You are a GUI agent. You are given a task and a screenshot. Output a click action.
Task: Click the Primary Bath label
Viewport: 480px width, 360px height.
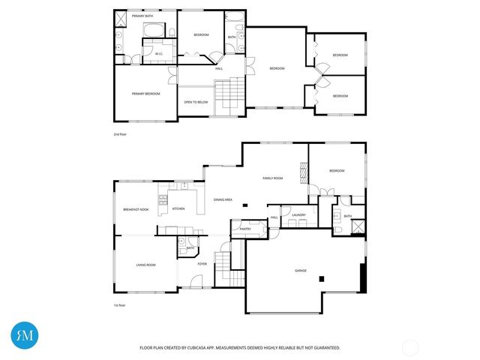tap(142, 15)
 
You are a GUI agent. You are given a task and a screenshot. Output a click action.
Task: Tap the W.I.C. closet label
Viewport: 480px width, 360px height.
tap(159, 53)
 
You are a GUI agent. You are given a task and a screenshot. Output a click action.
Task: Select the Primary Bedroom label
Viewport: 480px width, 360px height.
tap(146, 94)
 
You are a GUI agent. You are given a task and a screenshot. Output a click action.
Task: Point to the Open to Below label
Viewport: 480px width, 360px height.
tap(196, 102)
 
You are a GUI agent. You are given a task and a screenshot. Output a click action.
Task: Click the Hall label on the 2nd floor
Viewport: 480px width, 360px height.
tap(219, 68)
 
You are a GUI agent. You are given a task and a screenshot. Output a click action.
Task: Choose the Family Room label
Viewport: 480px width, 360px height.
tap(272, 178)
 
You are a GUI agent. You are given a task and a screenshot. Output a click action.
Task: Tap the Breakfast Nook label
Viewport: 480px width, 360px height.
tap(136, 209)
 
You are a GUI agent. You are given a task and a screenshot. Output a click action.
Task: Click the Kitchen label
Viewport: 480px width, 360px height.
tap(178, 209)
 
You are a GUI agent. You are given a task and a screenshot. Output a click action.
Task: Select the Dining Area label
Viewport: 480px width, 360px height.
tap(223, 199)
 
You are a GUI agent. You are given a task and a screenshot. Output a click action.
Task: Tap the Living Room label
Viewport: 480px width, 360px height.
tap(145, 265)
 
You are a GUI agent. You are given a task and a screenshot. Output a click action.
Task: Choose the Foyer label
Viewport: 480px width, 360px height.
tap(202, 264)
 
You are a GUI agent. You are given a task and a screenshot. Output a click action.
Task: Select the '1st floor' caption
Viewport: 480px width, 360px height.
tap(119, 305)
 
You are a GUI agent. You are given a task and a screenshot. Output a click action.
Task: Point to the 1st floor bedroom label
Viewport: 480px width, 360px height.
tap(337, 171)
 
